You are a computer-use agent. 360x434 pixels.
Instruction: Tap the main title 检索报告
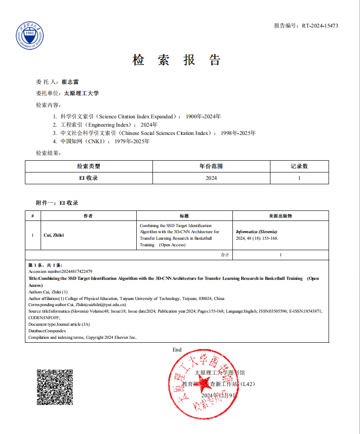point(177,60)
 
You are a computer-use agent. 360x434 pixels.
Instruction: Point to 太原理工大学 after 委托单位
point(82,93)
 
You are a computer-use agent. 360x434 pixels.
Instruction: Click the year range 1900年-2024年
point(203,117)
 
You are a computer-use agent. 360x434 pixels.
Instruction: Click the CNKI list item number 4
point(55,141)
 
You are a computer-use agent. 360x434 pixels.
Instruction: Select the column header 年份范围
point(211,166)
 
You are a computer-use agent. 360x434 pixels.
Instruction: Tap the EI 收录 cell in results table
point(89,178)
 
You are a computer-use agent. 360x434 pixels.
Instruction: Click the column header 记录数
point(299,166)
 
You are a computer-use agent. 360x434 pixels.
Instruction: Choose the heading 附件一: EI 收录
point(57,203)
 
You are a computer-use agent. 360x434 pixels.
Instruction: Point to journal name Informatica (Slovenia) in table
point(256,231)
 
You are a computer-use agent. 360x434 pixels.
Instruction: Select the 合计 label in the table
point(225,255)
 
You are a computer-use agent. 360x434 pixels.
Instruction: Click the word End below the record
point(177,350)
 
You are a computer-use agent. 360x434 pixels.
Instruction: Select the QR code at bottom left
point(54,387)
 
